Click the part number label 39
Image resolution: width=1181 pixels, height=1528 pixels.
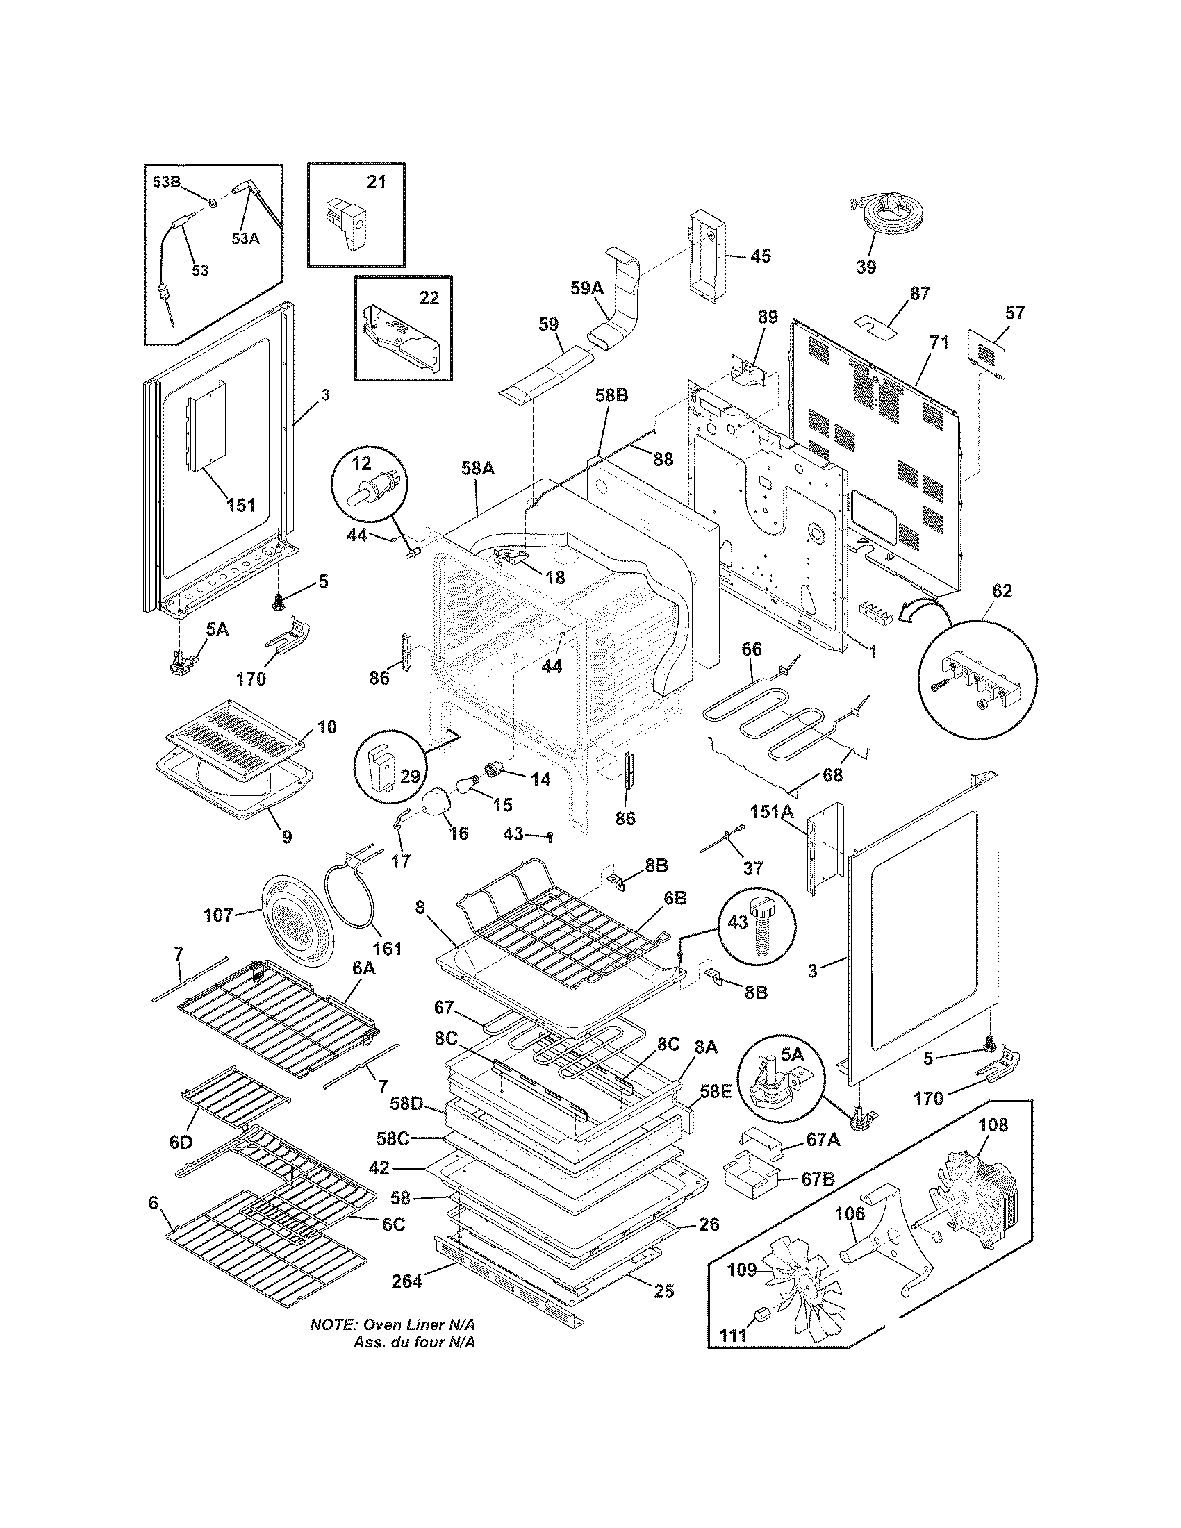click(x=866, y=267)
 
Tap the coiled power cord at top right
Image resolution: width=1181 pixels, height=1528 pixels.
click(x=887, y=213)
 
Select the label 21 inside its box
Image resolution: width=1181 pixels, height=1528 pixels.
click(x=377, y=182)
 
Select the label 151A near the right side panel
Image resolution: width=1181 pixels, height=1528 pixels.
click(x=773, y=813)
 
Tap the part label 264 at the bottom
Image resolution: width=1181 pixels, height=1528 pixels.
click(x=406, y=1281)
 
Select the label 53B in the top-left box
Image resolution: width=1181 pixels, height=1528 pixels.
click(x=167, y=183)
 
